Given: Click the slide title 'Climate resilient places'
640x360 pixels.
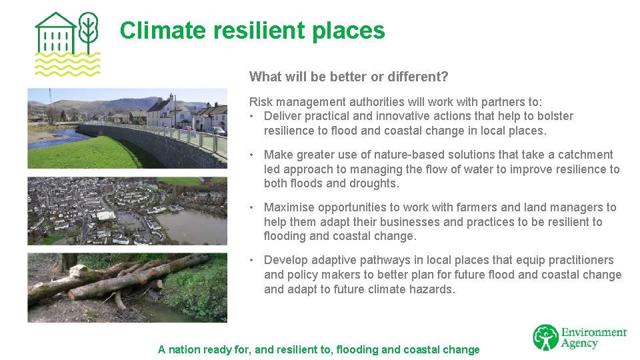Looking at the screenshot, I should (252, 31).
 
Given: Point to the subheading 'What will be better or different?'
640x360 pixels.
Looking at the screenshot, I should (349, 77).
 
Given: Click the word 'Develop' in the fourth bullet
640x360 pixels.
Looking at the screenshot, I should (285, 260).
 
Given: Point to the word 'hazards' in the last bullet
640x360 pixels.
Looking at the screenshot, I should (433, 289).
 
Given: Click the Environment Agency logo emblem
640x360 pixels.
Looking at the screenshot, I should (545, 337).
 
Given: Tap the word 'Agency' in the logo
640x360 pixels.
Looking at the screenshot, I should (580, 344).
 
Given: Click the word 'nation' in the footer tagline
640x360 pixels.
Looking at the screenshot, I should (185, 349).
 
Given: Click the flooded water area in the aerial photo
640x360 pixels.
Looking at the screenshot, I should (193, 227).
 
